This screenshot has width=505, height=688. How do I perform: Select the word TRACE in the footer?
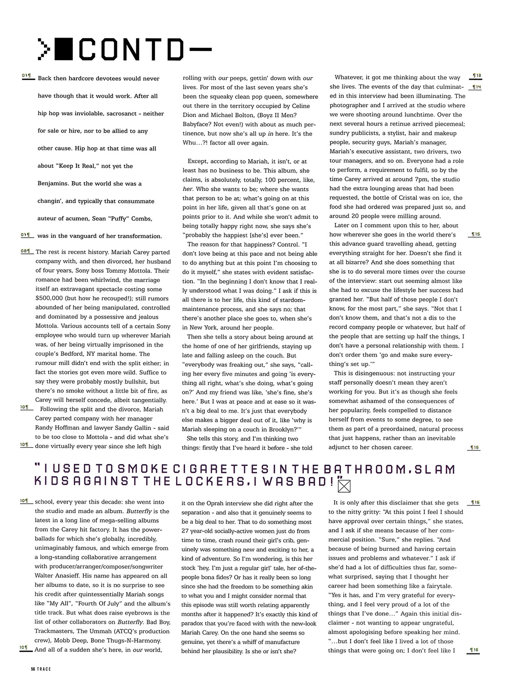point(44,669)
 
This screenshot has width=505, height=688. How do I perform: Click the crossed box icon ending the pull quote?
point(343,484)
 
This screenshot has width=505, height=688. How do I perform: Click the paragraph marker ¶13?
point(476,76)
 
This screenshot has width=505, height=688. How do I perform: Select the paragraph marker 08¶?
point(26,251)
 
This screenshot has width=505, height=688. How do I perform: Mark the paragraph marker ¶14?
point(476,87)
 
